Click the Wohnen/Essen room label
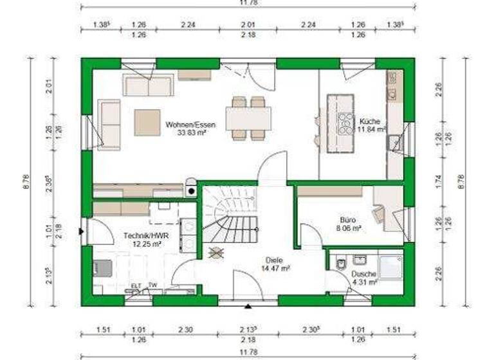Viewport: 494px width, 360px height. coord(190,125)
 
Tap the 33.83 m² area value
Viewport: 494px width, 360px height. coord(190,133)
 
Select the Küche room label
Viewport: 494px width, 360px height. coord(370,122)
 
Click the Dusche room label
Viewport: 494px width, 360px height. coord(363,273)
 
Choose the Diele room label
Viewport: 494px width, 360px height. coord(273,260)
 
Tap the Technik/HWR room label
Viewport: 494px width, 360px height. coord(142,236)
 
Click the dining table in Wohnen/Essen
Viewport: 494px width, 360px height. coord(248,118)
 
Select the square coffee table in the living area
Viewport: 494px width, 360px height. coord(147,122)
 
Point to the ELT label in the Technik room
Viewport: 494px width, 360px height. coord(136,285)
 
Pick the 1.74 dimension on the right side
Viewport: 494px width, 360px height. coord(439,181)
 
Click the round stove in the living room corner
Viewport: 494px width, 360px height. coord(191,190)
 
